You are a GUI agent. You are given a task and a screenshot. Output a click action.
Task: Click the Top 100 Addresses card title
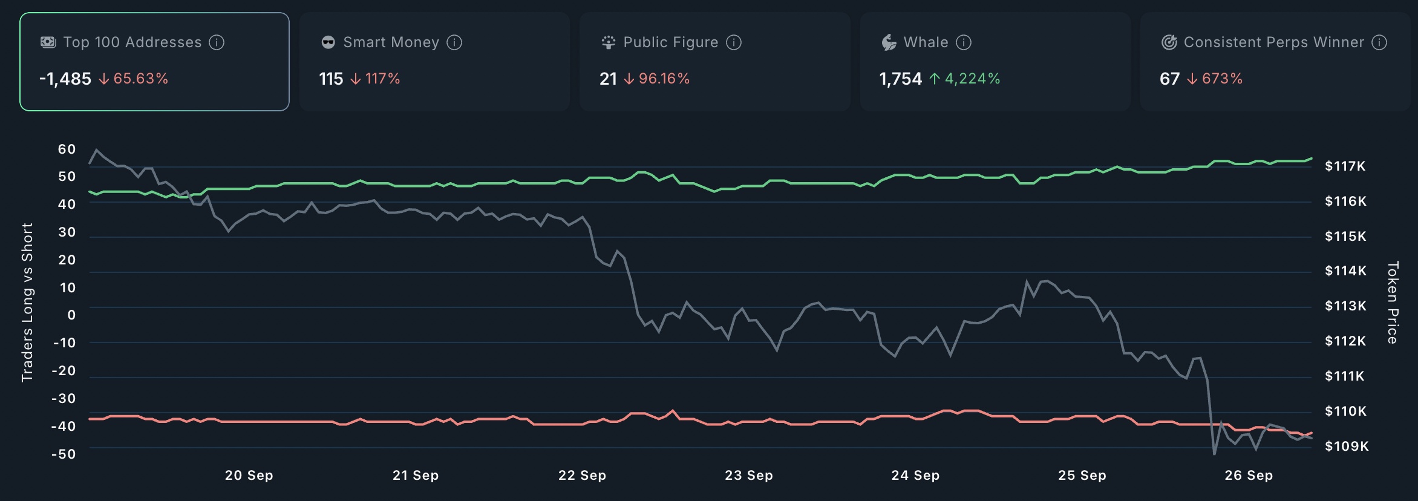(x=132, y=42)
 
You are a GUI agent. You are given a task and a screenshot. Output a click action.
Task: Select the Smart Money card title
(x=391, y=42)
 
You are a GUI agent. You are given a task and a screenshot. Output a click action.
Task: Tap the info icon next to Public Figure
(x=734, y=42)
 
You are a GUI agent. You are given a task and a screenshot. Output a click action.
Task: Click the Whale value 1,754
(x=900, y=79)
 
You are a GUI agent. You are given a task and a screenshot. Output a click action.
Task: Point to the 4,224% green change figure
(x=972, y=79)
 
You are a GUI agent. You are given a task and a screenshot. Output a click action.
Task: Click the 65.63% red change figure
(x=140, y=79)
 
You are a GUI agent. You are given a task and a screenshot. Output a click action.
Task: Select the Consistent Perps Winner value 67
(x=1169, y=79)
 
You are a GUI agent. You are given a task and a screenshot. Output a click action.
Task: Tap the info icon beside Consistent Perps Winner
(x=1379, y=42)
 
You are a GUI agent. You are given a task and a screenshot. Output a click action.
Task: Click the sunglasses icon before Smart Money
(x=328, y=42)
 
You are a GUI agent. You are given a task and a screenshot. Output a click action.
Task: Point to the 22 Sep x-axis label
(x=582, y=476)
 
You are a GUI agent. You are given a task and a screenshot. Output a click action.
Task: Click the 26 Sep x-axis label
(x=1249, y=476)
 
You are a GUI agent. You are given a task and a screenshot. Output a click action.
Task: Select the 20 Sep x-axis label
(x=249, y=476)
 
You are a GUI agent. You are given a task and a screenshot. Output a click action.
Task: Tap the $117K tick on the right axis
(x=1345, y=166)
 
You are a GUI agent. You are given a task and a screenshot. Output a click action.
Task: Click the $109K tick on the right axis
(x=1346, y=447)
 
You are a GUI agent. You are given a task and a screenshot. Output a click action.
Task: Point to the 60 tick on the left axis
(x=67, y=149)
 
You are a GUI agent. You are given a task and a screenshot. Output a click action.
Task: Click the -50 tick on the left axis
(x=64, y=454)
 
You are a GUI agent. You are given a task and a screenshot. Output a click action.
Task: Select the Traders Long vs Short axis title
(x=27, y=303)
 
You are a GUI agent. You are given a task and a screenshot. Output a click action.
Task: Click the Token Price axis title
(x=1393, y=303)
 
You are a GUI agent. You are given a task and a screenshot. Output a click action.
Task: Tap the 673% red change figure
(x=1222, y=79)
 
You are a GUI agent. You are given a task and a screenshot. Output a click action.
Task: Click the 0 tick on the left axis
(x=71, y=315)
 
